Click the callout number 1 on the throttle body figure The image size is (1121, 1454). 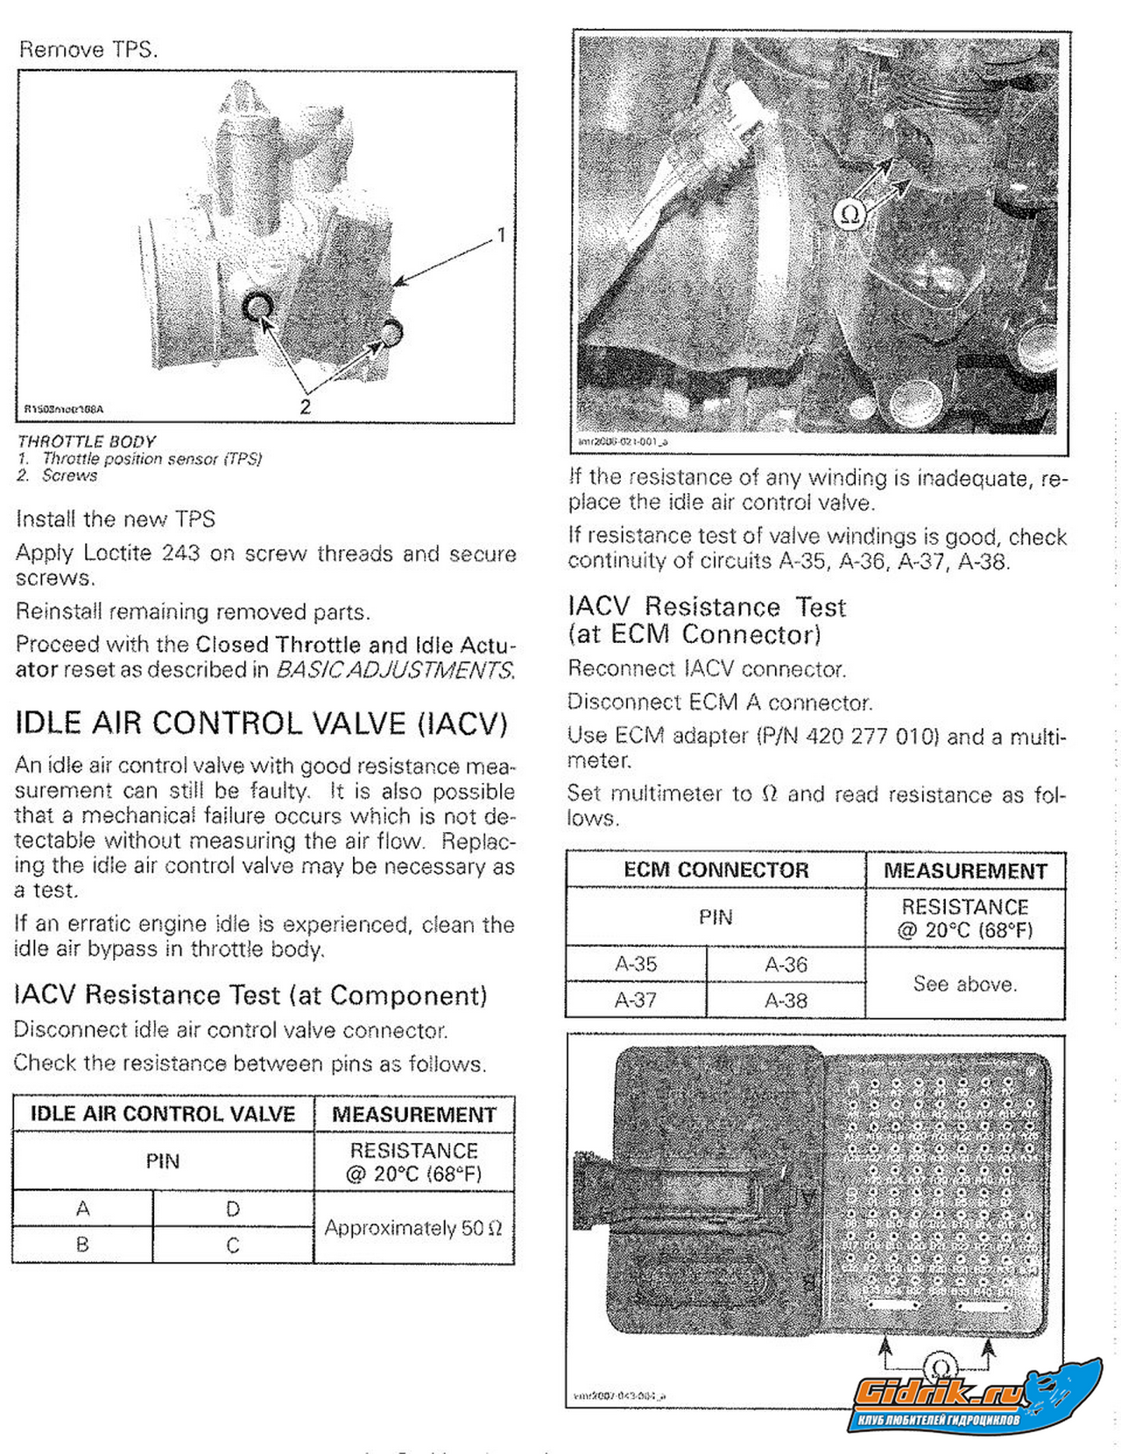[501, 235]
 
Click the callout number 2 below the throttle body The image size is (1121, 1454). [305, 406]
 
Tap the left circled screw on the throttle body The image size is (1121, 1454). [257, 307]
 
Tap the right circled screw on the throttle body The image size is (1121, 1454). [391, 330]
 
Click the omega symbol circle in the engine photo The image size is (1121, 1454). [849, 214]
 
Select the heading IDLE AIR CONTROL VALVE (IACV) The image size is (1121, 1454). [261, 724]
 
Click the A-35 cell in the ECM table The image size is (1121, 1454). [636, 964]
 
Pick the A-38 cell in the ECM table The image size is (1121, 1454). [786, 1000]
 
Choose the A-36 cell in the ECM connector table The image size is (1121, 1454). [786, 964]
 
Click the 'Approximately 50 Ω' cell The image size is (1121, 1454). [413, 1228]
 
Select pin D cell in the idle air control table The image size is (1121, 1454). [233, 1209]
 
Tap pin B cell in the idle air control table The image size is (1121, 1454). [82, 1245]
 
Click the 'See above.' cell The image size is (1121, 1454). [965, 984]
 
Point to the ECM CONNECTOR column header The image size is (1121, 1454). [716, 870]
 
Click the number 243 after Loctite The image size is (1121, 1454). [180, 554]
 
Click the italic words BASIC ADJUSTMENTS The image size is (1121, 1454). [394, 670]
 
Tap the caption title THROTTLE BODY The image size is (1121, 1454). [87, 441]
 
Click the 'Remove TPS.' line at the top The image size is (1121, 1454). [88, 50]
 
